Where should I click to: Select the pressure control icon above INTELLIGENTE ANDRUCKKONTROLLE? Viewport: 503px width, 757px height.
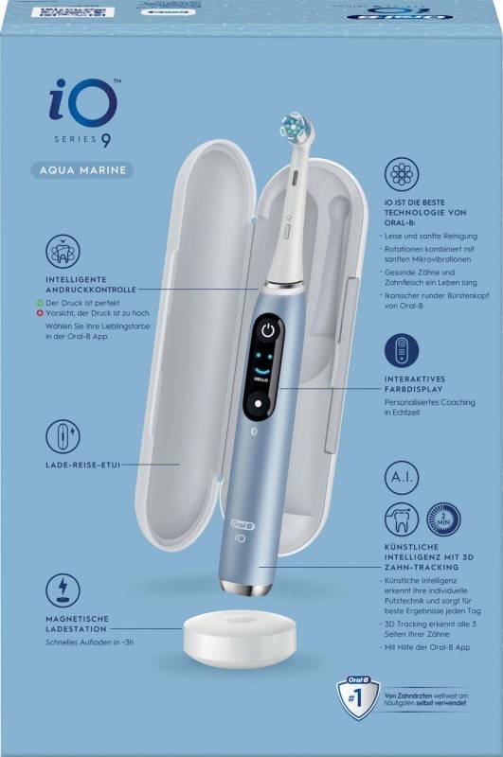(63, 251)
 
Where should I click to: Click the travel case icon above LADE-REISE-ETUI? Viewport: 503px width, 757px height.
(63, 436)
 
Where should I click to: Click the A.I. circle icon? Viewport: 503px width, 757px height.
(402, 482)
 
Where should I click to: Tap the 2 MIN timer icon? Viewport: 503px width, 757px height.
(442, 519)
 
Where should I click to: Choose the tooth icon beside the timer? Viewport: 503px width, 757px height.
(402, 519)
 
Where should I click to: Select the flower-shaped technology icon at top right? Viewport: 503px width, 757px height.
(402, 174)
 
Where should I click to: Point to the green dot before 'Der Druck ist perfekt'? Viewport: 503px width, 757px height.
(28, 299)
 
